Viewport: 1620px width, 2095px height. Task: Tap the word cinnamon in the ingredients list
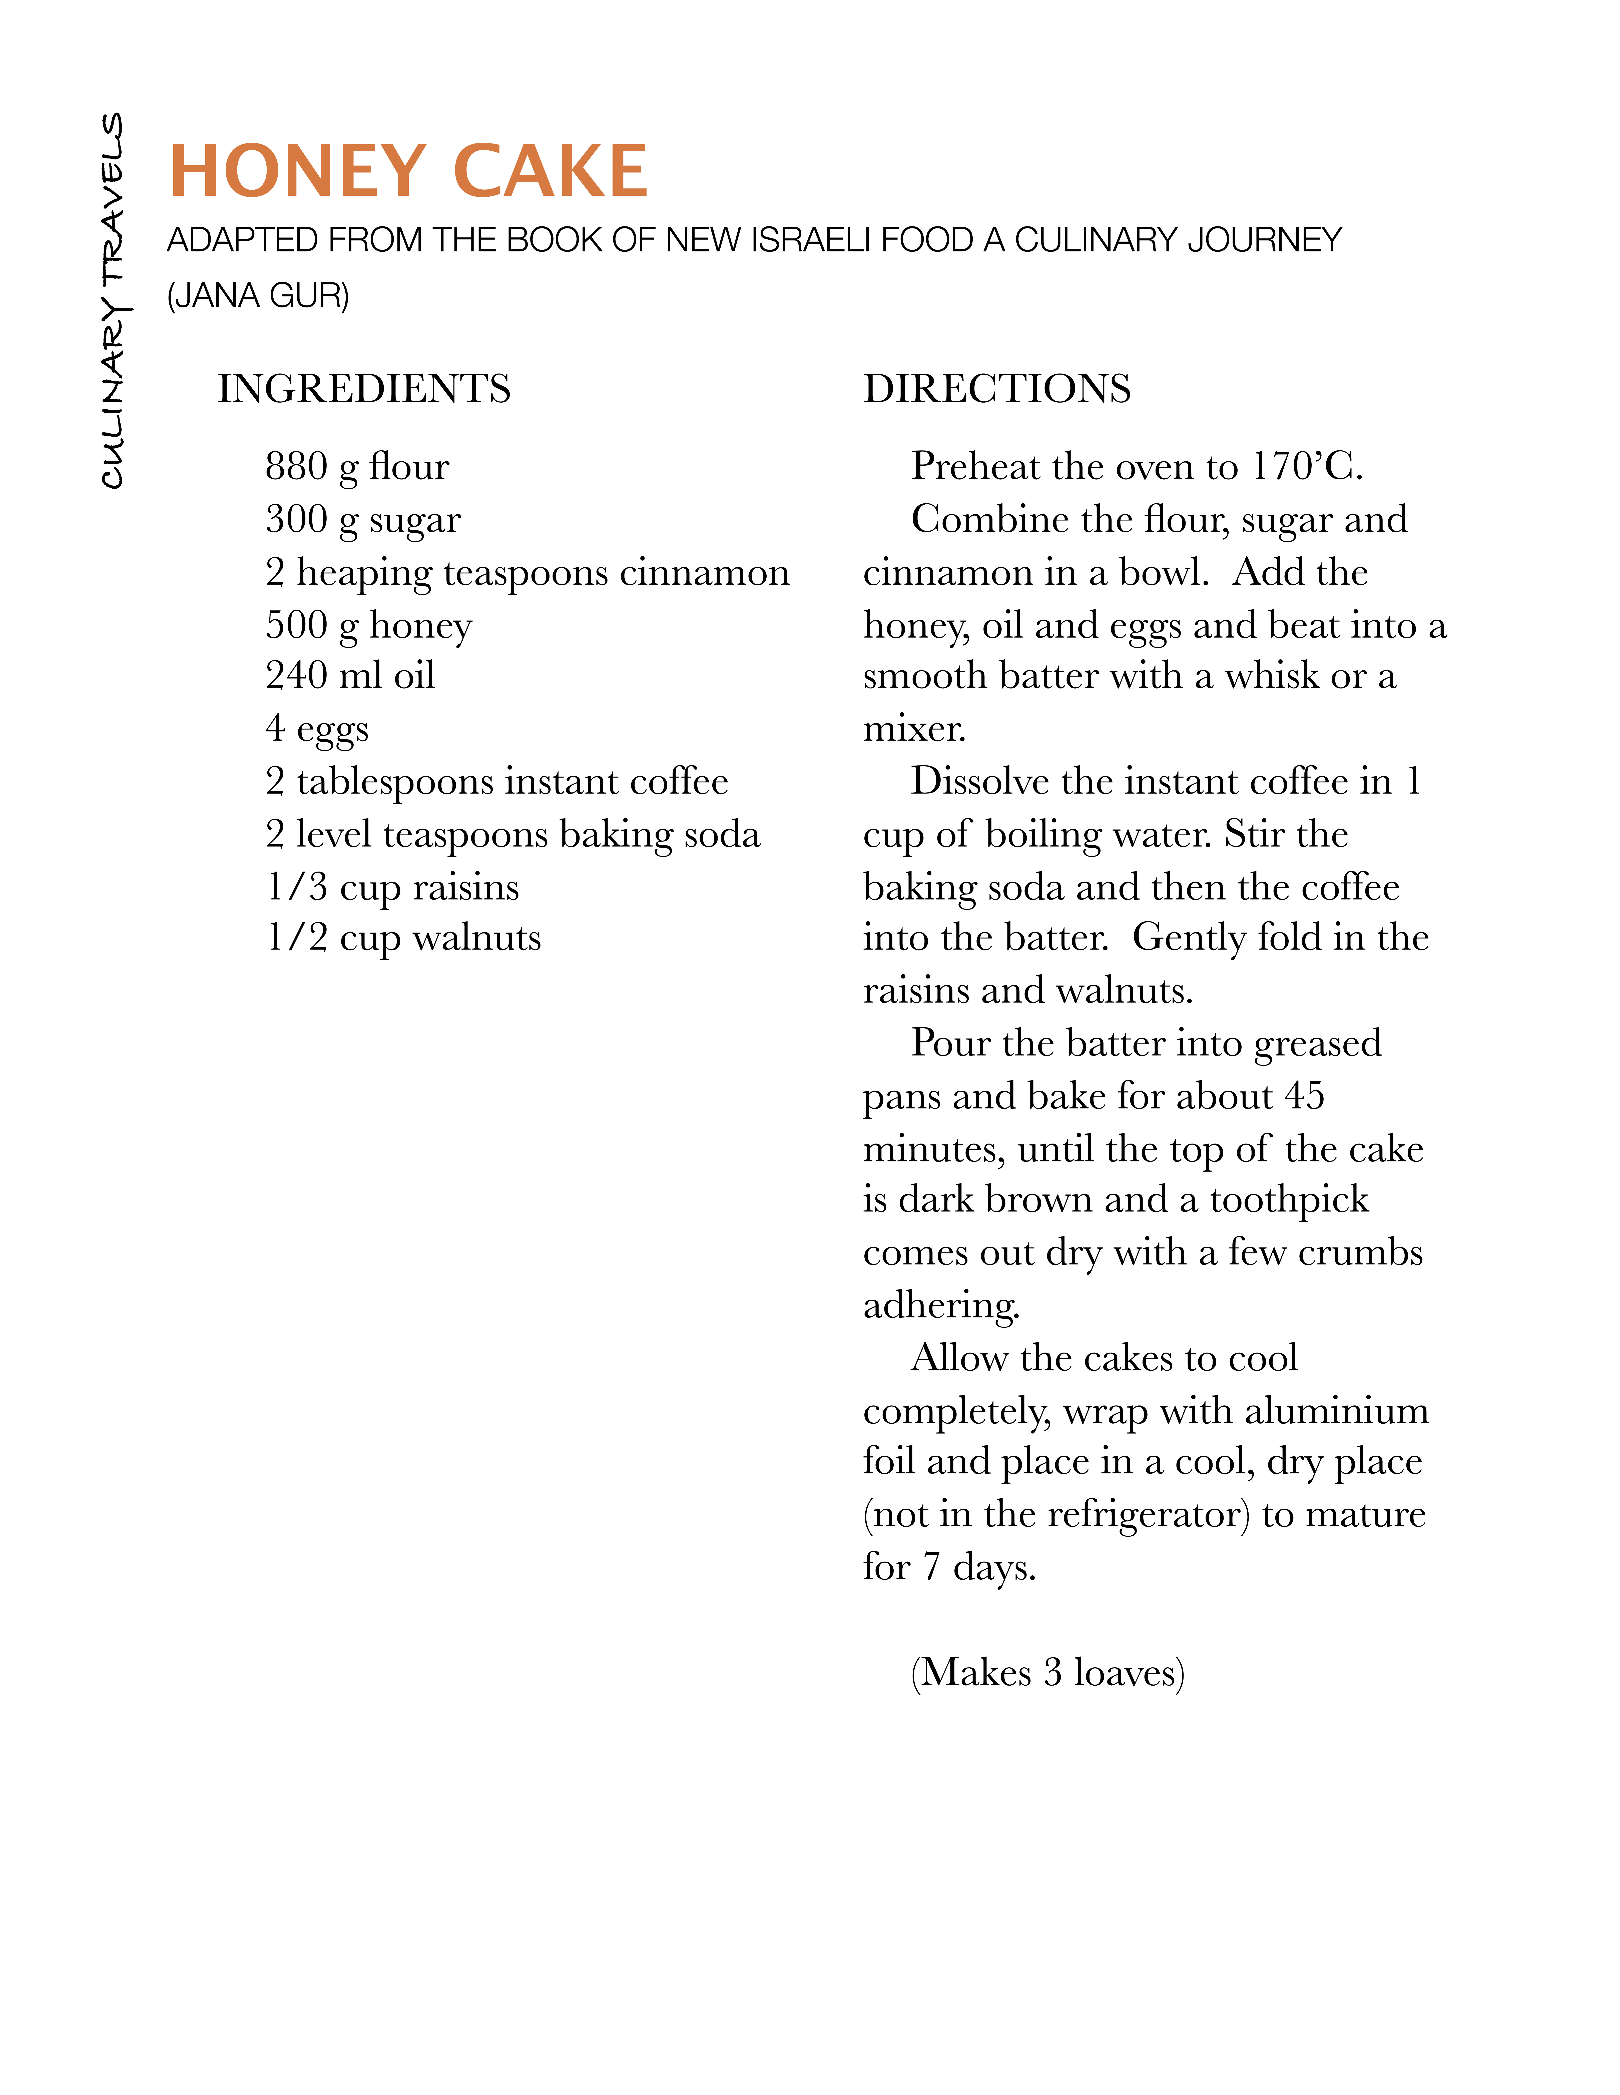pos(704,573)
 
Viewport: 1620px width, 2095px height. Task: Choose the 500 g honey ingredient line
pos(368,625)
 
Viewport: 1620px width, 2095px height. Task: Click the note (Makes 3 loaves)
pos(1047,1672)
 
